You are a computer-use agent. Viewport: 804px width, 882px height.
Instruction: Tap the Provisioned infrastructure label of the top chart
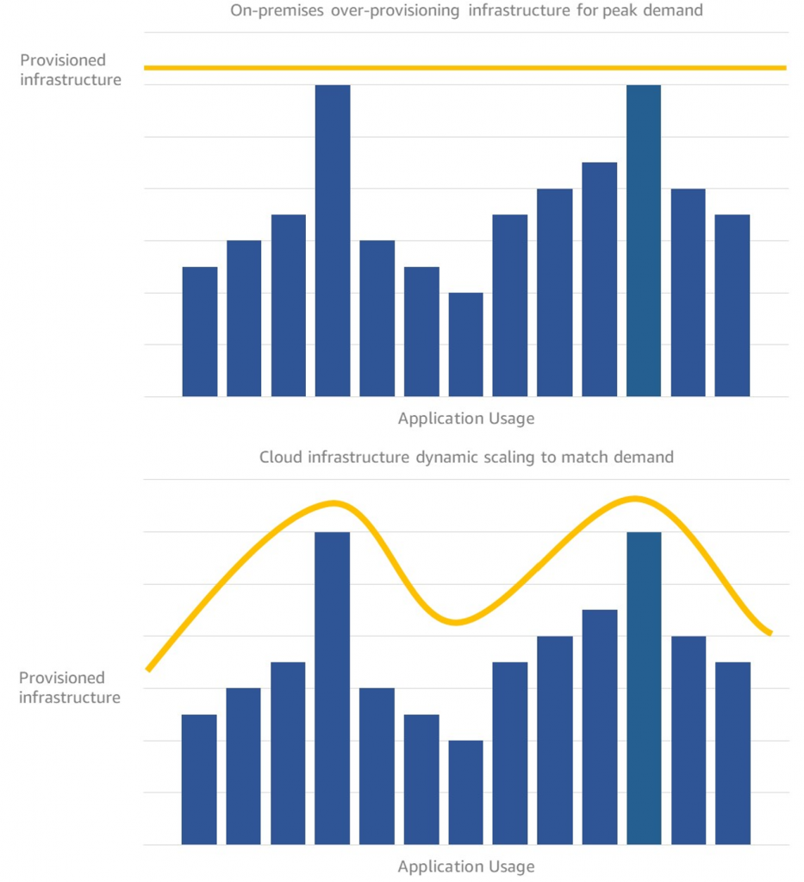tap(70, 70)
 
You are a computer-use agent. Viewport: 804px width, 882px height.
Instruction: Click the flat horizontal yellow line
tap(465, 67)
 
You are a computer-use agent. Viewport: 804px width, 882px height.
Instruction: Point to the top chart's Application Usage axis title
tap(466, 419)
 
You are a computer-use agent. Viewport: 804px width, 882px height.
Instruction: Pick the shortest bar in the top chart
tap(466, 345)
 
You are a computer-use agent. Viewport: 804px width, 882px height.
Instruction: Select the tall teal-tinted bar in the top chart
tap(644, 241)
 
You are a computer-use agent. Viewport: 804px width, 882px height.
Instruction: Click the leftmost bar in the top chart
tap(200, 332)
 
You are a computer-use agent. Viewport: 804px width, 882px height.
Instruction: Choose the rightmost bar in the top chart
tap(732, 306)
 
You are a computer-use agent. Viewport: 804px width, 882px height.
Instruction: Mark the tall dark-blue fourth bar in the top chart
tap(333, 241)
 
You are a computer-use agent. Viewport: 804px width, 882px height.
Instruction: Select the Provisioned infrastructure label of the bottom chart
tap(70, 687)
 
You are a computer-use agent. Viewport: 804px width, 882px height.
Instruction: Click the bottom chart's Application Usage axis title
tap(466, 866)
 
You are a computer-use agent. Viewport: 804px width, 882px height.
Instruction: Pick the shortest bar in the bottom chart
tap(466, 792)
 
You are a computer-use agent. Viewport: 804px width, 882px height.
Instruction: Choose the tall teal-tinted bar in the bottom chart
tap(644, 689)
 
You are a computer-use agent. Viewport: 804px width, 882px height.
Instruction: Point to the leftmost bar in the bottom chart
tap(199, 780)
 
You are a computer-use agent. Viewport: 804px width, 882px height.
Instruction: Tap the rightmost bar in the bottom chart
tap(732, 754)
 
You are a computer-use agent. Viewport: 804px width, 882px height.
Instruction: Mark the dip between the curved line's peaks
tap(458, 622)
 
